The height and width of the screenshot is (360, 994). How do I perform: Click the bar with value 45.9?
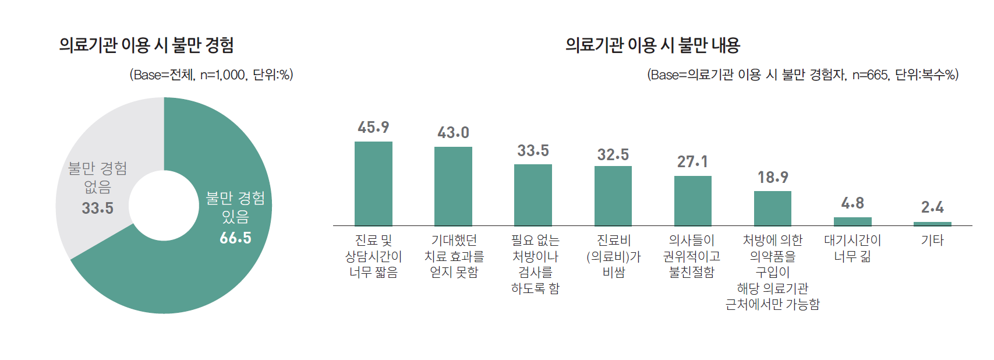point(373,183)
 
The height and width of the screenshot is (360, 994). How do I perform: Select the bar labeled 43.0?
point(453,186)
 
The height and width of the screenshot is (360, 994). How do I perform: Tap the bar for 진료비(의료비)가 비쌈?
point(613,196)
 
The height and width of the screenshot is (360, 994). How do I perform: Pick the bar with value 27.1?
point(692,200)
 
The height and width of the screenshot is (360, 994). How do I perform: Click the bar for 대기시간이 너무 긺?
point(852,221)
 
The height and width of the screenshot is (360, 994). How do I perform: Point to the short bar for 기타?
point(932,224)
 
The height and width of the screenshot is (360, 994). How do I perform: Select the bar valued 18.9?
point(772,208)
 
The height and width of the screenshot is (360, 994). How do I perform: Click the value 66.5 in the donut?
point(235,238)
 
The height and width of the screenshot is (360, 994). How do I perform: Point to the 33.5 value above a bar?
point(533,151)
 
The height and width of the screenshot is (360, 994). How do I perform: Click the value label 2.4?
point(932,207)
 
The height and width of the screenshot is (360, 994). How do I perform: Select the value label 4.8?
point(852,203)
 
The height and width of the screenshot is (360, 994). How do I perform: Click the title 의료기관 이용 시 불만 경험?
point(146,45)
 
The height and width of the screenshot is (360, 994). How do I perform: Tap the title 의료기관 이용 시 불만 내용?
point(652,45)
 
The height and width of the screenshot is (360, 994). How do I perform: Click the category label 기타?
point(932,241)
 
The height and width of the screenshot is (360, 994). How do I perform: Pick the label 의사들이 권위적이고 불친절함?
point(692,256)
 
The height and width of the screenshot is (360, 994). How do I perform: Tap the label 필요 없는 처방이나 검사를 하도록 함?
point(535,264)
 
